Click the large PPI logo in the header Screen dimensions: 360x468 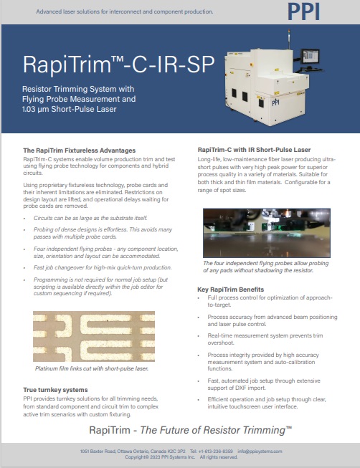point(303,12)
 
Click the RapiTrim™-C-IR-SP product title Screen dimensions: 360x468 point(118,65)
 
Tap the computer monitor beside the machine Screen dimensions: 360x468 point(310,56)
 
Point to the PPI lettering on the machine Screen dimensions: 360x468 point(275,102)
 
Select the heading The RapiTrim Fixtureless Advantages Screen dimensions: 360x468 point(80,151)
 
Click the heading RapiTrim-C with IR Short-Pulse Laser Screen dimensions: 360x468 point(255,150)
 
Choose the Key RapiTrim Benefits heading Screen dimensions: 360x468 point(230,290)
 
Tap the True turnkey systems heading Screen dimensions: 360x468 point(55,390)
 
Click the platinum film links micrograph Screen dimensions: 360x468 point(94,336)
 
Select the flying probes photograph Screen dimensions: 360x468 point(267,233)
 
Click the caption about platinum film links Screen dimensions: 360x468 point(92,368)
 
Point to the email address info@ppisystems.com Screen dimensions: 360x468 point(260,452)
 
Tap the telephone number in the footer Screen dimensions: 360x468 point(212,452)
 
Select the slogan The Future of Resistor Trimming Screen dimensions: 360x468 point(216,430)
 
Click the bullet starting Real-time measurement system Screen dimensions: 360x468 point(265,339)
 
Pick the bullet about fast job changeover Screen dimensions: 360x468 point(103,267)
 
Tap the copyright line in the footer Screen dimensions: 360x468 point(181,457)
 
